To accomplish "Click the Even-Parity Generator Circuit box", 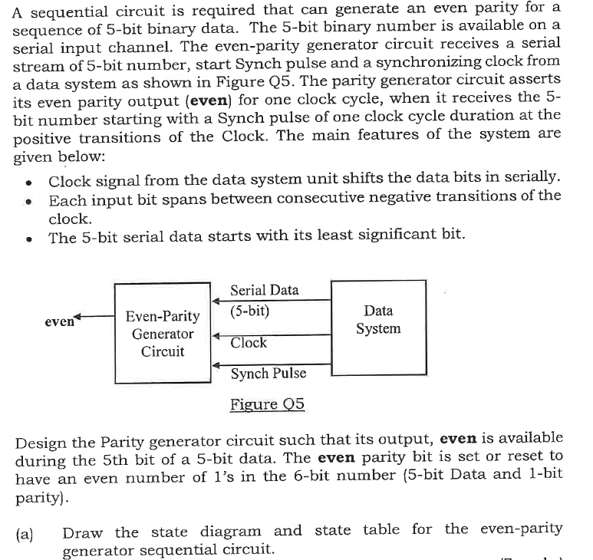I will pyautogui.click(x=162, y=334).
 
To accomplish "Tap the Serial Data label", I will pyautogui.click(x=265, y=290).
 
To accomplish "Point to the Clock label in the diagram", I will pyautogui.click(x=249, y=343).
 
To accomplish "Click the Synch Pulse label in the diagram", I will pyautogui.click(x=268, y=374).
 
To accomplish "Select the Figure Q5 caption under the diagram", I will pyautogui.click(x=267, y=404).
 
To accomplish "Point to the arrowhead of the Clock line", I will pyautogui.click(x=216, y=335).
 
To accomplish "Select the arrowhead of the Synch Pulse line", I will pyautogui.click(x=216, y=366).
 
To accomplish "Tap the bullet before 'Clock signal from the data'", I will pyautogui.click(x=28, y=182).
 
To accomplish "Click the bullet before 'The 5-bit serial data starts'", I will pyautogui.click(x=28, y=238).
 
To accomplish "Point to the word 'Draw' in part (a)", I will pyautogui.click(x=81, y=530).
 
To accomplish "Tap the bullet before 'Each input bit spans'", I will pyautogui.click(x=28, y=201).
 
